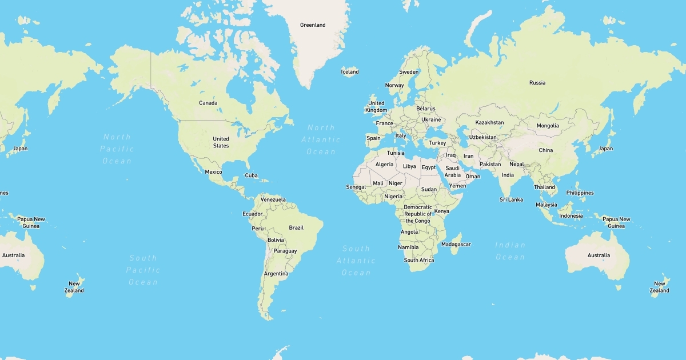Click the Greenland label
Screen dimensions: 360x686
click(x=313, y=25)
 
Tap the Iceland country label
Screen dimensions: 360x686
click(x=350, y=71)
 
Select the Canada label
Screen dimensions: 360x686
click(x=208, y=103)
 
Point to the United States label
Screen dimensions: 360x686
click(x=221, y=142)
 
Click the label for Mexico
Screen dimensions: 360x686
click(x=213, y=171)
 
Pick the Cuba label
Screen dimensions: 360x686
click(x=251, y=175)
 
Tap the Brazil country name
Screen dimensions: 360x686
click(x=296, y=227)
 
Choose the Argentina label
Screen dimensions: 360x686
click(x=276, y=274)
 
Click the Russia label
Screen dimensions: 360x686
click(x=537, y=82)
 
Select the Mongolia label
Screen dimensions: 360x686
click(x=548, y=126)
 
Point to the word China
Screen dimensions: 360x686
click(x=546, y=150)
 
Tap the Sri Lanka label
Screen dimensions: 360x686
click(x=511, y=199)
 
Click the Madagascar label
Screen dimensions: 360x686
click(x=456, y=244)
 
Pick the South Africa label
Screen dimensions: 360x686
click(x=419, y=260)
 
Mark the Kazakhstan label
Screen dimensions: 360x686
click(x=490, y=122)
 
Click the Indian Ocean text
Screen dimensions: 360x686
click(x=510, y=251)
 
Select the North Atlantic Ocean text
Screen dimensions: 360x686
click(x=321, y=139)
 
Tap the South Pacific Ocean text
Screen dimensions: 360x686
click(x=143, y=270)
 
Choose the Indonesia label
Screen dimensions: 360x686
click(x=571, y=215)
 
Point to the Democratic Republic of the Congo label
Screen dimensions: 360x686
click(x=418, y=214)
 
